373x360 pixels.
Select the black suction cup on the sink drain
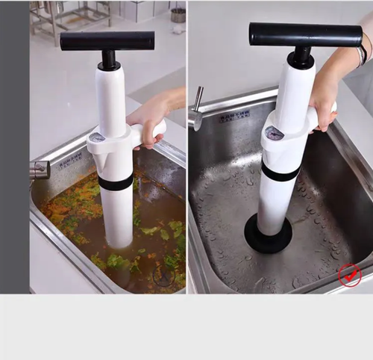(x=268, y=235)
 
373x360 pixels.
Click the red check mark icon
(x=349, y=275)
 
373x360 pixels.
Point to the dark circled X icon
(x=163, y=276)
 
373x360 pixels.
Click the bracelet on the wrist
(x=362, y=55)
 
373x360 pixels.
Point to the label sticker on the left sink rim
(x=71, y=158)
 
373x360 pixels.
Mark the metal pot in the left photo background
(x=178, y=14)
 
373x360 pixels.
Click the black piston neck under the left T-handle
(x=109, y=59)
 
